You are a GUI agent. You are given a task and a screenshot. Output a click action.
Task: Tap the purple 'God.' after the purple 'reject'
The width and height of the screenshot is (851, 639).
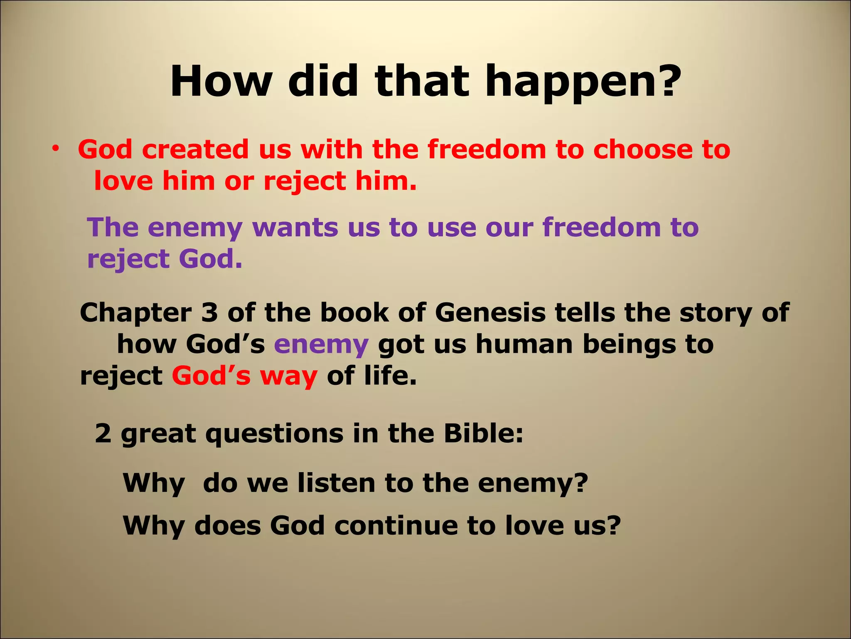click(x=210, y=259)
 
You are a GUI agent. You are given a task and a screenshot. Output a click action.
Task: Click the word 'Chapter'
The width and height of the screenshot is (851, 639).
click(x=135, y=313)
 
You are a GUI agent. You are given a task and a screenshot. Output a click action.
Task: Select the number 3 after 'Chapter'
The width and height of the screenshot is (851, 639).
click(x=209, y=313)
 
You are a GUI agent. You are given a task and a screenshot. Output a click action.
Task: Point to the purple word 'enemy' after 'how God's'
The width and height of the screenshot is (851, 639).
click(x=321, y=345)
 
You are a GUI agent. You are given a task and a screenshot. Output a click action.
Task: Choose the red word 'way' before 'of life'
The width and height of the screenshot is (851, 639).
click(x=288, y=376)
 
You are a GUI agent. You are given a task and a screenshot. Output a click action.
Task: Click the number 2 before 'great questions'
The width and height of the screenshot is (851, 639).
click(x=103, y=434)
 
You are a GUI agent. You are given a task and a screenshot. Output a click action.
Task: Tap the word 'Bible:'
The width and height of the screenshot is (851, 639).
click(x=483, y=433)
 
